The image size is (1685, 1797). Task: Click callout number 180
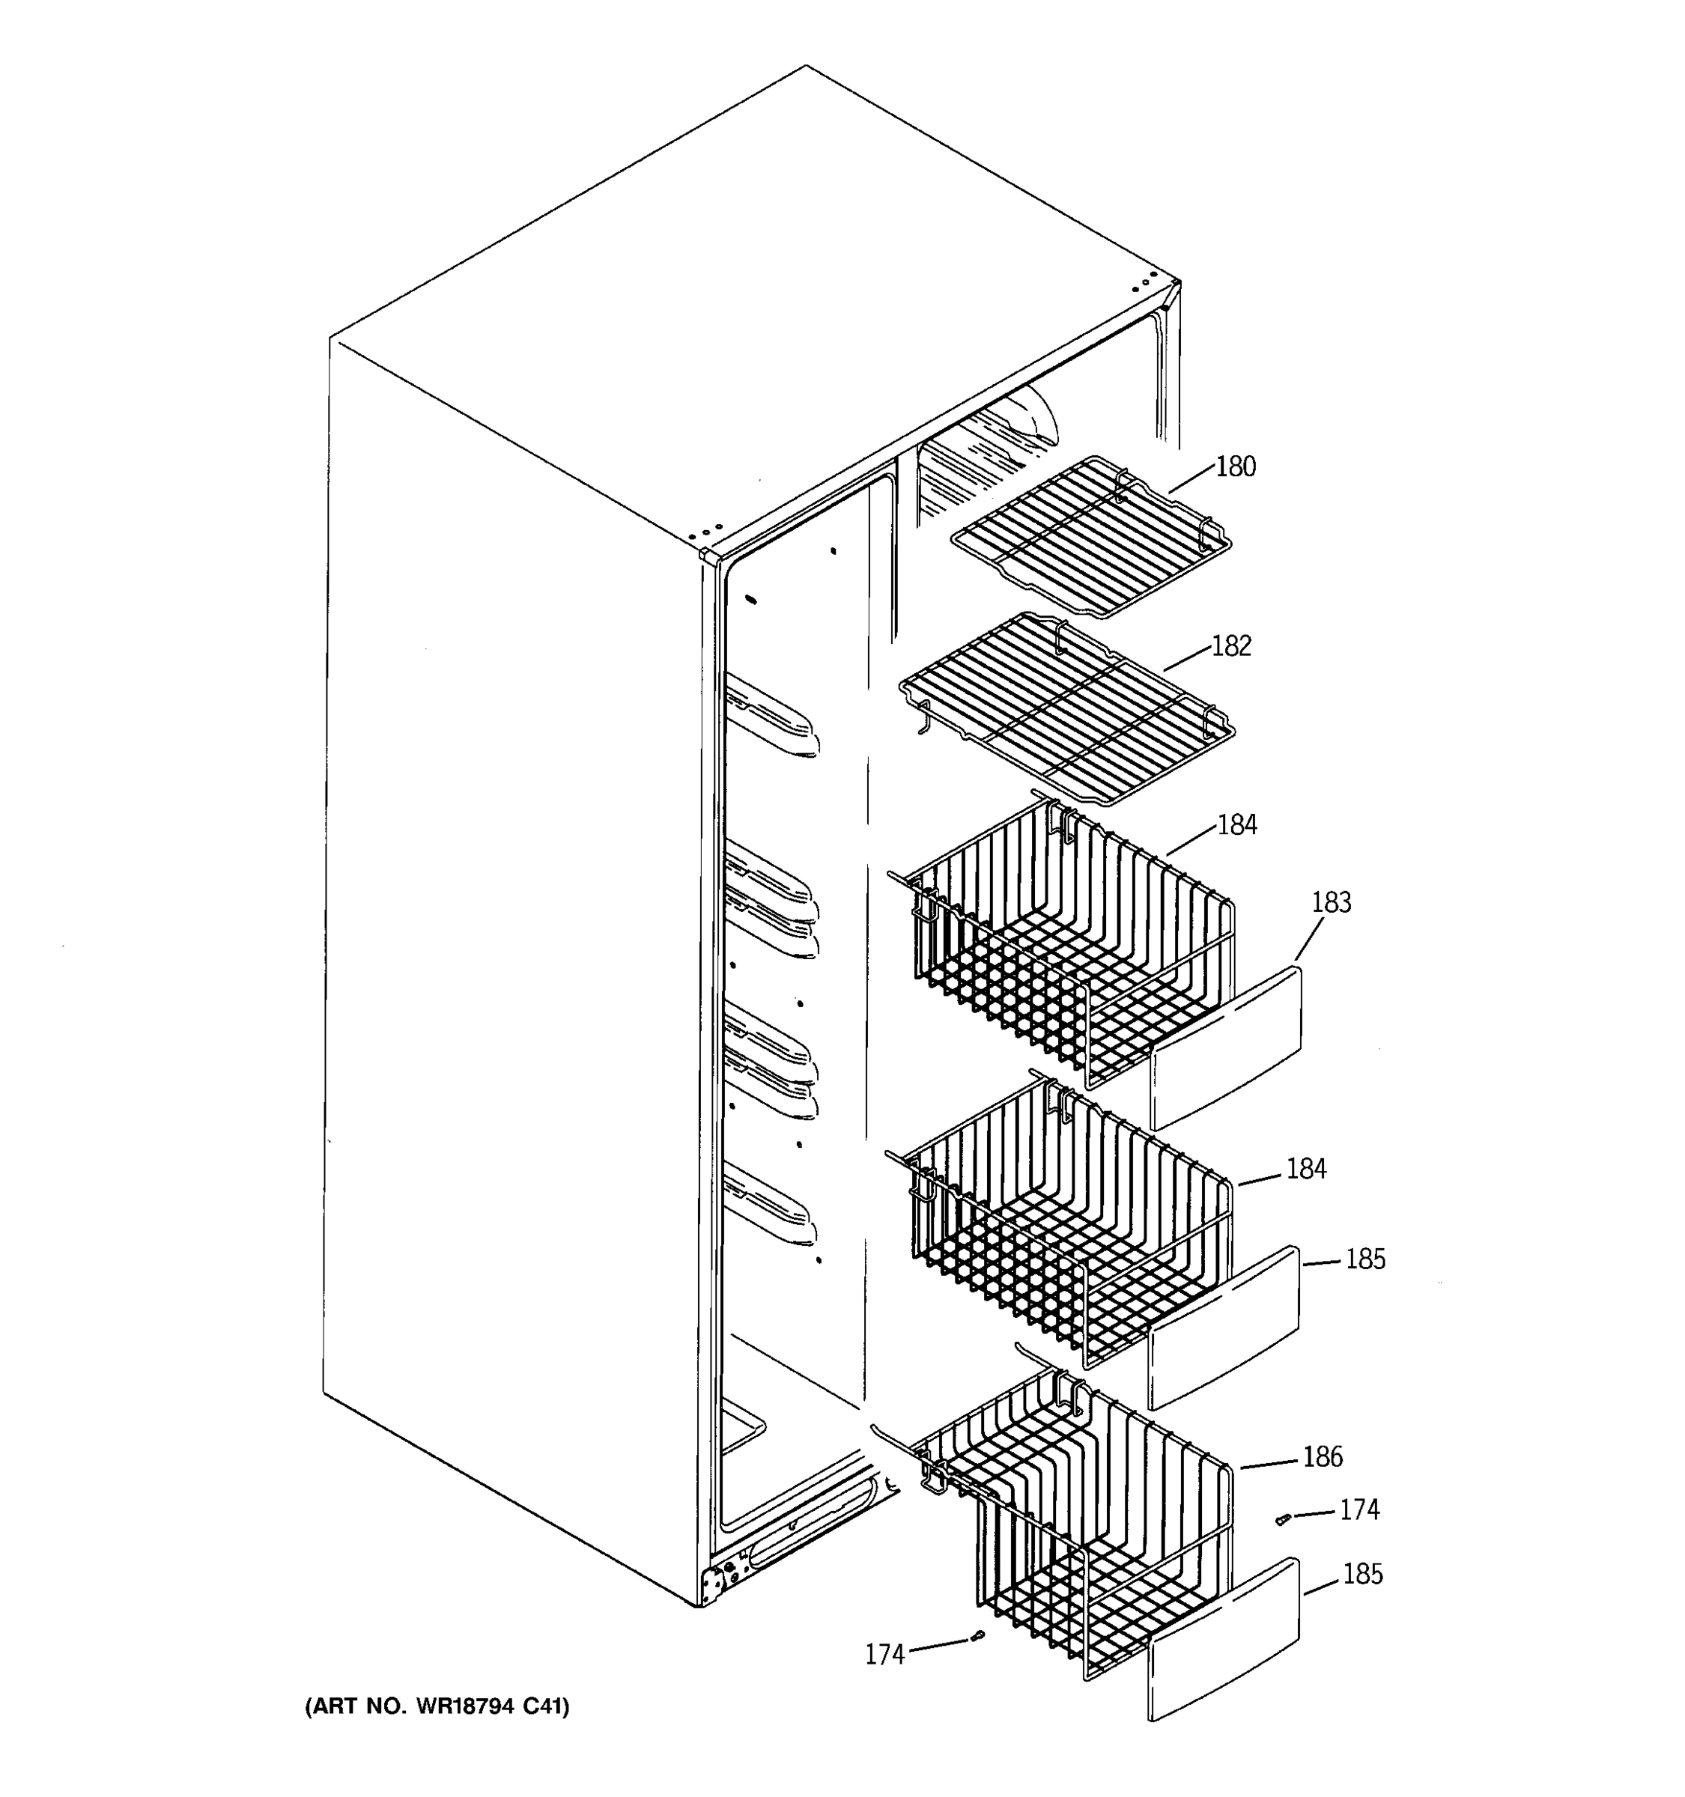tap(1235, 466)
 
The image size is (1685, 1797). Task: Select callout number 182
tap(1231, 645)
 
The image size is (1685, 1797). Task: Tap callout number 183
tap(1331, 902)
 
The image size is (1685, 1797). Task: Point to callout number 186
tap(1323, 1456)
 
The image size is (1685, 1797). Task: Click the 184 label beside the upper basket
tap(1237, 824)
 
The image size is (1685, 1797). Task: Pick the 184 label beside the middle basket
tap(1306, 1169)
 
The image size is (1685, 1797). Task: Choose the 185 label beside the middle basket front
tap(1365, 1259)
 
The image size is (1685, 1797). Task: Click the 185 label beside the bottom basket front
tap(1362, 1574)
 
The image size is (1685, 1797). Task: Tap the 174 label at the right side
tap(1358, 1509)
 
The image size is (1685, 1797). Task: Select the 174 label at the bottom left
tap(884, 1654)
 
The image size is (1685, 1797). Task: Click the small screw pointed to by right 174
tap(1281, 1521)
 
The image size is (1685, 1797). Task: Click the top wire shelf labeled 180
tap(1090, 538)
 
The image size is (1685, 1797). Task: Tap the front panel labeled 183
tap(1226, 1048)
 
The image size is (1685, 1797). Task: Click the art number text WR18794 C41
tap(437, 1706)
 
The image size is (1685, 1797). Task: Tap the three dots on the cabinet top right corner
tap(1144, 283)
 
